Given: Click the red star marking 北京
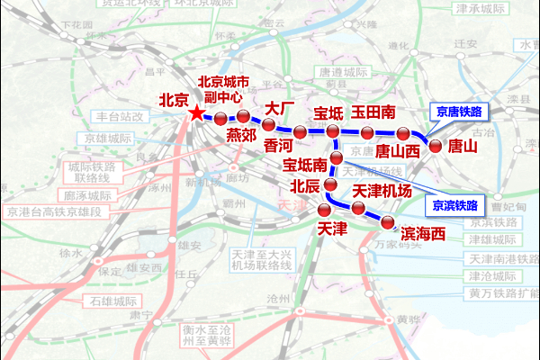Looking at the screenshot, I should tap(197, 113).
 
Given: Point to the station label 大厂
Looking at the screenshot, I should tap(280, 109).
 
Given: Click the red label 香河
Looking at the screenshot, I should tap(279, 144).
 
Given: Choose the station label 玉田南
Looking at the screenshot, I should tap(373, 112).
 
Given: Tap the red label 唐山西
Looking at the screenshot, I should tap(397, 151).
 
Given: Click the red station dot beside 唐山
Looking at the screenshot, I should tap(436, 145).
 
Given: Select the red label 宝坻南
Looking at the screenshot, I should tap(306, 166).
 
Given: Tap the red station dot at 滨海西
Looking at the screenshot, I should tap(388, 221).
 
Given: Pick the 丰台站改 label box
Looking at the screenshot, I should tap(121, 116).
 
